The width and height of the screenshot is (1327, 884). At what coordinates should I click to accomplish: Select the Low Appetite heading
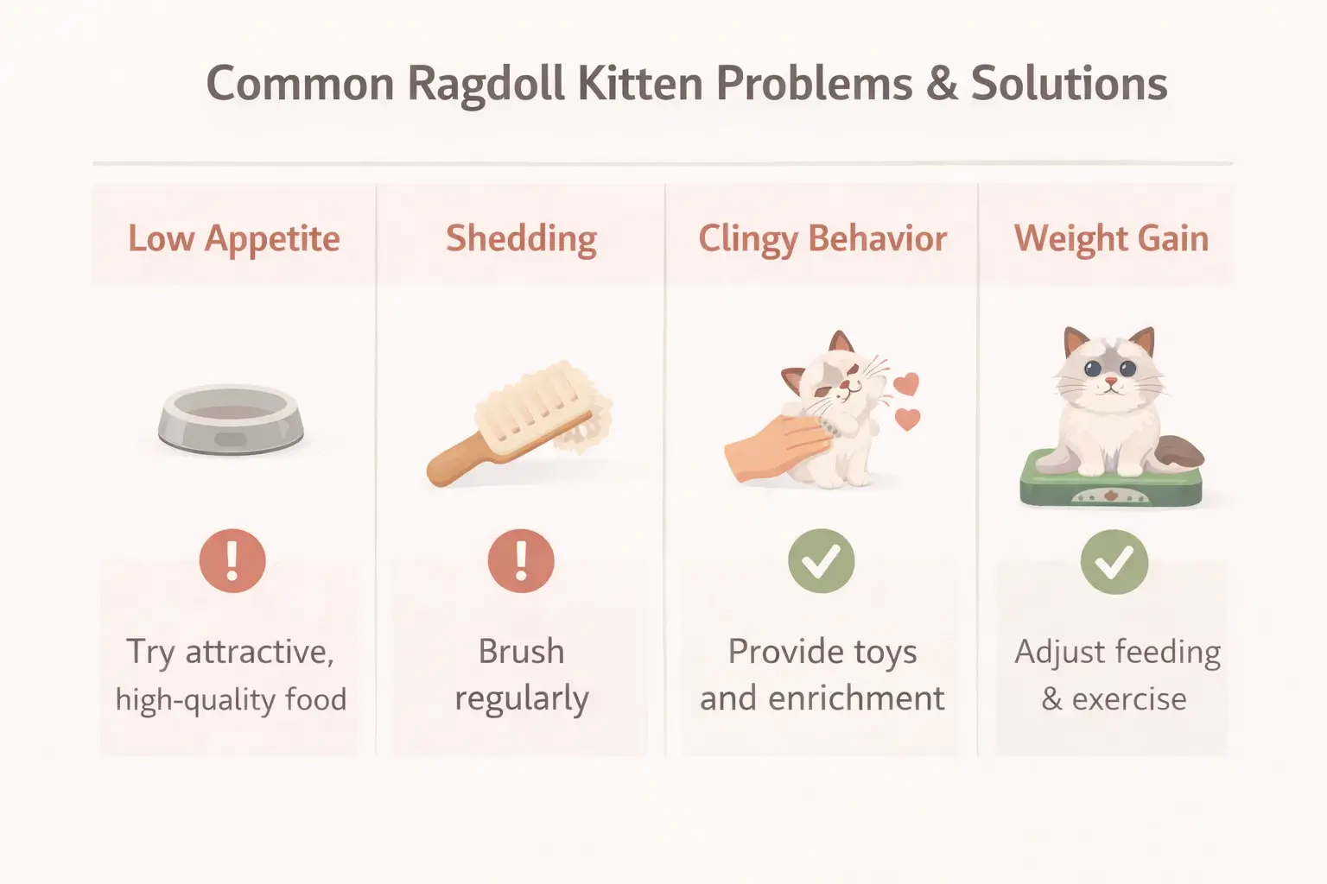tap(233, 239)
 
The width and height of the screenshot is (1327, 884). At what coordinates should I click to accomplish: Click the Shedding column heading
tap(521, 239)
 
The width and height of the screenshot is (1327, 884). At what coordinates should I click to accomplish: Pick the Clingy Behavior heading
tap(822, 239)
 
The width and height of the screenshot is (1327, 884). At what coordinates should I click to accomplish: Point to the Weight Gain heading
tap(1111, 239)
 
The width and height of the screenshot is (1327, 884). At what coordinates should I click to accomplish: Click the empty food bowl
tap(230, 420)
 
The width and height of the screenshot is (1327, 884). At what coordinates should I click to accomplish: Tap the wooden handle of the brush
tap(459, 462)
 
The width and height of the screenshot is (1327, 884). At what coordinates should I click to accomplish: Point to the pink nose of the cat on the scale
tap(1110, 381)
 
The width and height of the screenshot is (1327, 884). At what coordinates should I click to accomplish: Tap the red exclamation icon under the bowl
tap(232, 561)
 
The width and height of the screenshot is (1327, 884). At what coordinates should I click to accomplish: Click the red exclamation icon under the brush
tap(521, 561)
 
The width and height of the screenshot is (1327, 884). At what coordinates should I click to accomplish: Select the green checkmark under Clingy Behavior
tap(821, 561)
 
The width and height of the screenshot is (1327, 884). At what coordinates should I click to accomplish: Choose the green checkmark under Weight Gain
tap(1114, 562)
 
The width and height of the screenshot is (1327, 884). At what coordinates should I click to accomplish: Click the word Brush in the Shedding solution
tap(521, 652)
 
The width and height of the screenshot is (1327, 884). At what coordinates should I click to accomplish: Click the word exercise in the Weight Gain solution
tap(1129, 699)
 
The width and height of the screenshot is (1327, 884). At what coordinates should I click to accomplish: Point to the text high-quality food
tap(231, 699)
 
